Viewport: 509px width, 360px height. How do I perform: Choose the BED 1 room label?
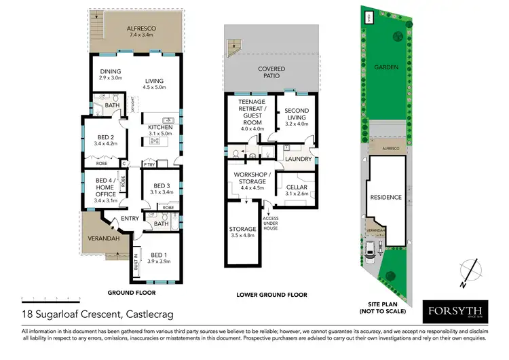160,255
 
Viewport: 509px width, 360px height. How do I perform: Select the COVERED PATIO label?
271,73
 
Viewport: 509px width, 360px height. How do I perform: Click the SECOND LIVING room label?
297,114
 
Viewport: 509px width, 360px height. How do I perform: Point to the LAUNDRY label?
299,160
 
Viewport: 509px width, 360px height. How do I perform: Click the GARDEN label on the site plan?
385,67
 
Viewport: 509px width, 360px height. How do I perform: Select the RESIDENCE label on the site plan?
385,198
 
